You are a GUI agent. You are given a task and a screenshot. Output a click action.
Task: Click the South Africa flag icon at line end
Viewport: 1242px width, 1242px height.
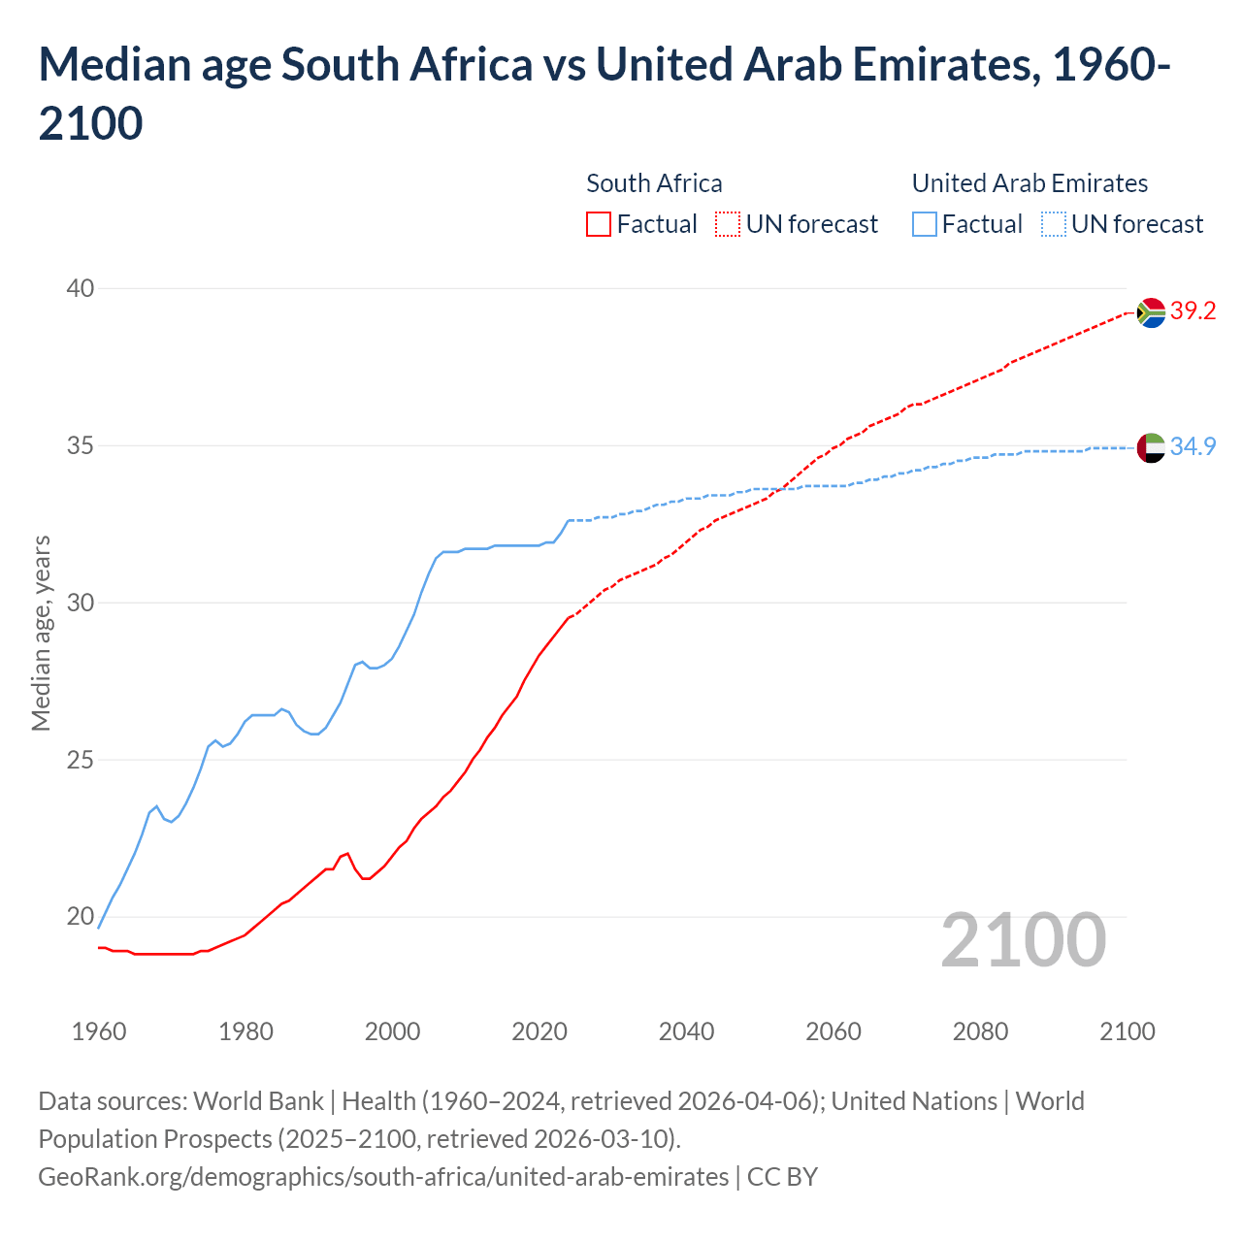(1151, 312)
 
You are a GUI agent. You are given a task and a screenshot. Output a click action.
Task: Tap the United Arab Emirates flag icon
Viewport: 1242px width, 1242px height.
(1151, 448)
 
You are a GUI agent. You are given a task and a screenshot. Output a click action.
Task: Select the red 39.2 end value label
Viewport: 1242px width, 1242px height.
(1193, 311)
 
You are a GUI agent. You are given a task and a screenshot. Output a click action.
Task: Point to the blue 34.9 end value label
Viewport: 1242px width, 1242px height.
(1193, 446)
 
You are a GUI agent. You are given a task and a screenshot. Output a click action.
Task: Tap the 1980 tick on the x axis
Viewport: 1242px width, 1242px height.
(245, 1031)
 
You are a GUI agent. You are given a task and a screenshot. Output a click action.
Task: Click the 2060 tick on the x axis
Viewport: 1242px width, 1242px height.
(833, 1031)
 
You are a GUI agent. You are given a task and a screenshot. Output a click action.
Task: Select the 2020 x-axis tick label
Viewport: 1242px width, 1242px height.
(539, 1031)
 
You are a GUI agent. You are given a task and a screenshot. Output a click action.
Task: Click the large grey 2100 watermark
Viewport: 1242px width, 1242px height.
(1023, 940)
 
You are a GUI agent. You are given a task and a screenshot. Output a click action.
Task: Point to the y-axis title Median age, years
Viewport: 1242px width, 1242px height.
(41, 633)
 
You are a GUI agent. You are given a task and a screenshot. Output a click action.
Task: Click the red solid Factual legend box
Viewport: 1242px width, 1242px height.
(599, 224)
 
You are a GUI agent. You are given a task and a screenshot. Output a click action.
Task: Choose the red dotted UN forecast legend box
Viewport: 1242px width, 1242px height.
(728, 224)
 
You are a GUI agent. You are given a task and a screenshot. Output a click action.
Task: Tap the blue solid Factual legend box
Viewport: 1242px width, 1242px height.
(925, 224)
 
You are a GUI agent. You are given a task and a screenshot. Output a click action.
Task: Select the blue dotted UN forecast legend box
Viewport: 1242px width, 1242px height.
(1053, 224)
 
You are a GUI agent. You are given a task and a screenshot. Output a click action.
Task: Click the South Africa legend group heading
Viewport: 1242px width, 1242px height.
(654, 183)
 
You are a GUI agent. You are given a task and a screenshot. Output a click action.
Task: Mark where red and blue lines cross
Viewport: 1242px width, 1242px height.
(782, 489)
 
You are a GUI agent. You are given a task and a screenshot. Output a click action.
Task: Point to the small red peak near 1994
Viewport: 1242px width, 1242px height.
(346, 854)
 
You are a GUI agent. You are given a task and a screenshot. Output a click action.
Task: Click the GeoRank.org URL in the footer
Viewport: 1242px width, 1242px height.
(383, 1177)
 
